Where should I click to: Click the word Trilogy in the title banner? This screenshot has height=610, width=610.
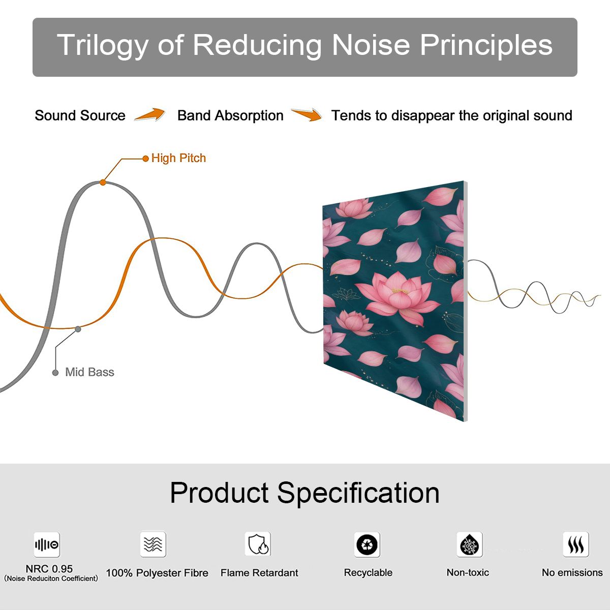103,46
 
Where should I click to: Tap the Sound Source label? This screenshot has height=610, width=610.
80,115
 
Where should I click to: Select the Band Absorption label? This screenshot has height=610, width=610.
230,115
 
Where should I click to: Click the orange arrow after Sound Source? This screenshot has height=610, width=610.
150,114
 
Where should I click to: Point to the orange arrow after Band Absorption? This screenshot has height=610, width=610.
307,114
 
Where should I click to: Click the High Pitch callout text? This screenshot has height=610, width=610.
178,158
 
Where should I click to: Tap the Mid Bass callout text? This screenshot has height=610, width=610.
89,372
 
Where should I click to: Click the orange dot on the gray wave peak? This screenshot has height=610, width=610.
103,182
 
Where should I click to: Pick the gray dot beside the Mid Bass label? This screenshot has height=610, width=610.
55,373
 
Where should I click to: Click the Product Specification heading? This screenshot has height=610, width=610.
304,493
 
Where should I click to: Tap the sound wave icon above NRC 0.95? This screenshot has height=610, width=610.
47,544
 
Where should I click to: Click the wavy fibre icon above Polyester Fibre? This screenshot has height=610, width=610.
153,544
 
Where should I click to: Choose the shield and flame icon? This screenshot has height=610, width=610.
258,544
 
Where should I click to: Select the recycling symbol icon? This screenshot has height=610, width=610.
367,544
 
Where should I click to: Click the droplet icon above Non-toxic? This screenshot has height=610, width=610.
470,544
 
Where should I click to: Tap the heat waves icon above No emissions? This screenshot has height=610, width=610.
576,544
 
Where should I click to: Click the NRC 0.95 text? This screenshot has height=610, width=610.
49,569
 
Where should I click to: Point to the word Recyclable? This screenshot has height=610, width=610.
368,573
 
